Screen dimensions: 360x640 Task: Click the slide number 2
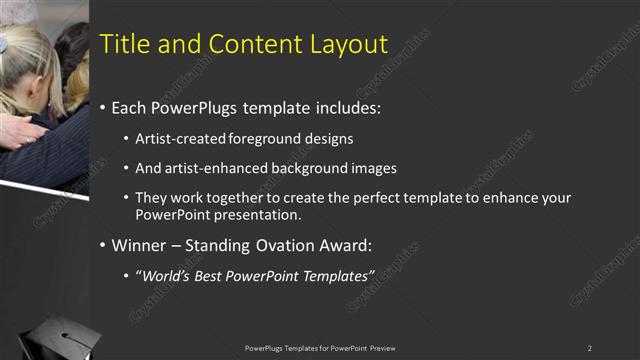tap(590, 348)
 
